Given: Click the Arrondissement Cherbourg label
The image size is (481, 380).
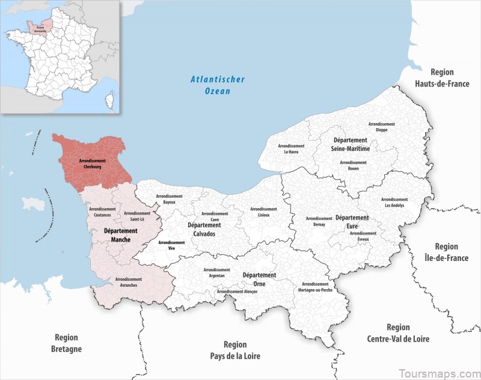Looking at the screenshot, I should click(92, 164).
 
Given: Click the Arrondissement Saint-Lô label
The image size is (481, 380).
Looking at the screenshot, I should click(138, 216).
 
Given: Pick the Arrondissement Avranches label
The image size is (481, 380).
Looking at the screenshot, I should click(128, 282).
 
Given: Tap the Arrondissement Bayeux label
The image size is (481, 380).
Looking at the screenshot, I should click(170, 200).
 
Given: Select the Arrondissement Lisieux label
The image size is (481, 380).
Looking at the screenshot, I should click(263, 212).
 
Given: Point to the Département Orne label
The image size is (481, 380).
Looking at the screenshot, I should click(259, 279).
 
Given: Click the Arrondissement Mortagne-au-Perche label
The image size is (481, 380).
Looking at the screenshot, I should click(316, 287).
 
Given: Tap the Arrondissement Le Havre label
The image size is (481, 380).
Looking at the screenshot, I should click(291, 149).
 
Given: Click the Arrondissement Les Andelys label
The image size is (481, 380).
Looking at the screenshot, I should click(394, 202).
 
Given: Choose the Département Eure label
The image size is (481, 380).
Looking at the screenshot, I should click(351, 221).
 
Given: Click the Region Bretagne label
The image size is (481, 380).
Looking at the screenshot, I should click(66, 343).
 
